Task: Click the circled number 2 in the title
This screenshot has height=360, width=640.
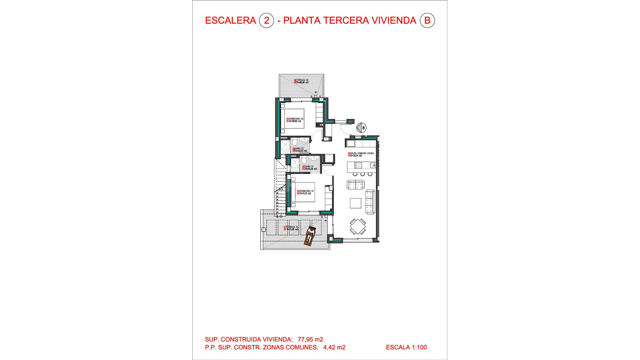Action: point(266,21)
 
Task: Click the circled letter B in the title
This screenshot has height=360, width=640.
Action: point(427,21)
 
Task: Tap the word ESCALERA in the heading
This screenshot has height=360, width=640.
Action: point(230,21)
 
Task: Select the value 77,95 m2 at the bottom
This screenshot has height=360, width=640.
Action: point(310,339)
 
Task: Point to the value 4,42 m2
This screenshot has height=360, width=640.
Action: point(334,347)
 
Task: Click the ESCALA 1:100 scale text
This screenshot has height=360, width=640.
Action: point(406,347)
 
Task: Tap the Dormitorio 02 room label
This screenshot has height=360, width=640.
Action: point(295,120)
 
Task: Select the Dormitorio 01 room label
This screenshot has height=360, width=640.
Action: point(306,192)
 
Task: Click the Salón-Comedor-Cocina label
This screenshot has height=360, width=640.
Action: point(361,154)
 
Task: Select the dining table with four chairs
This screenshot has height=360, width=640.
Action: point(358,227)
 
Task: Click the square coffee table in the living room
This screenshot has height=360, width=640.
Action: point(355,203)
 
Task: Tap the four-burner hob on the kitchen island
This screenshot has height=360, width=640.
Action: point(358,165)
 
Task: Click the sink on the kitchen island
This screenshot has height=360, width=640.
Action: point(372,165)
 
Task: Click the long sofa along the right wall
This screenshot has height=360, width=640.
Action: point(370,202)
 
